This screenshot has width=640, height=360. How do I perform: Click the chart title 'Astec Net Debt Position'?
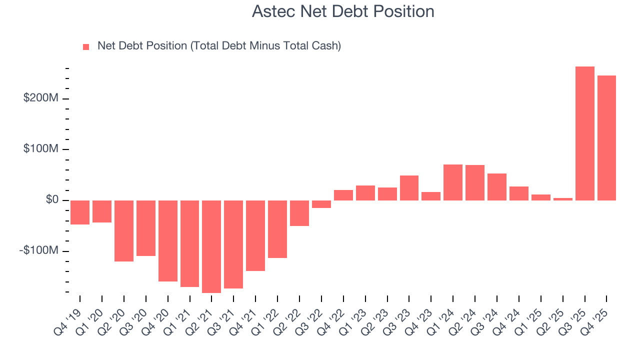coord(343,11)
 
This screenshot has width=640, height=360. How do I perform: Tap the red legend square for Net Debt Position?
coord(86,46)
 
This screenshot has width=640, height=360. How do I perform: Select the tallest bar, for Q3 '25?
coord(584,133)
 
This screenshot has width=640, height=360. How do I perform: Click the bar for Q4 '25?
coord(606,138)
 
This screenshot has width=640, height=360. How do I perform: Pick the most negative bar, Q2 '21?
coord(211,246)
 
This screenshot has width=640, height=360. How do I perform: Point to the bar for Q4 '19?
coord(80,212)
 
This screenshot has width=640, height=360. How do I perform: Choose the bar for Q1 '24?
coord(453,182)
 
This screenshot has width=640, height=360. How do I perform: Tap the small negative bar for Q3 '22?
coord(321,204)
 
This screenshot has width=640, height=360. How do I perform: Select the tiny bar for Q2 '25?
coord(562,199)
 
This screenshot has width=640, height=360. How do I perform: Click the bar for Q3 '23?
coord(409,188)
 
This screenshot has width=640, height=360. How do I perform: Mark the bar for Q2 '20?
coord(124,231)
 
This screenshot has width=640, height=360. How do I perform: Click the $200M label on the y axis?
coord(41,98)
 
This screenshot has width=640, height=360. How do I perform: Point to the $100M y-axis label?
coord(41,149)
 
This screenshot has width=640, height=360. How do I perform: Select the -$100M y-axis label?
coord(39,250)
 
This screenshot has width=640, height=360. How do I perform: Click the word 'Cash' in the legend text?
coord(324,46)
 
